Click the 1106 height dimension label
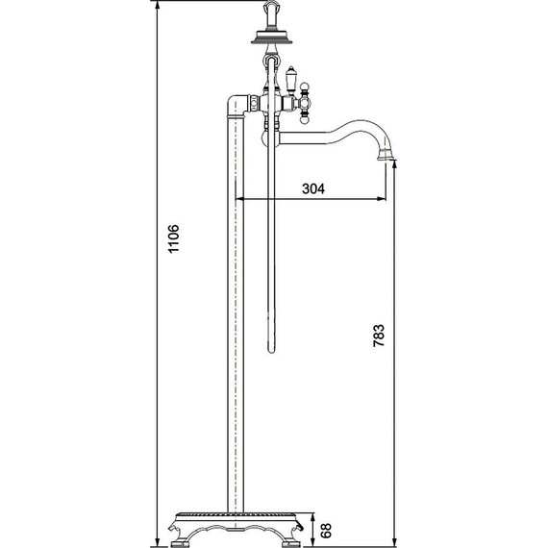point(174,238)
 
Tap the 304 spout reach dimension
point(313,188)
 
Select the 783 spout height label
point(379,336)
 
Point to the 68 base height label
point(325,530)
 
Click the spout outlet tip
point(386,159)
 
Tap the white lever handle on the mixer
point(290,80)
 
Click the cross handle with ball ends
point(304,103)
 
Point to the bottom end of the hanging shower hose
point(271,351)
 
